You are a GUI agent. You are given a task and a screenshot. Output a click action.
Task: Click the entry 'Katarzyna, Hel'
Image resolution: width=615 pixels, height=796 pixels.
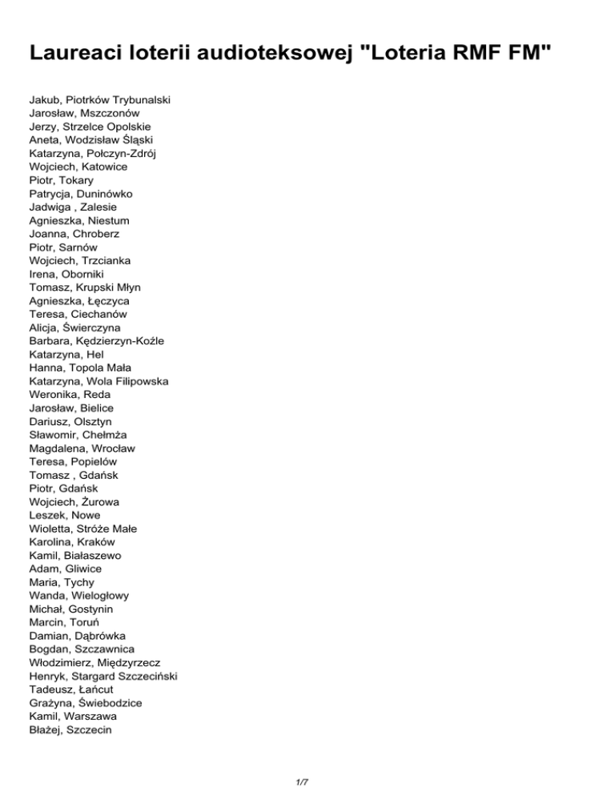pos(66,354)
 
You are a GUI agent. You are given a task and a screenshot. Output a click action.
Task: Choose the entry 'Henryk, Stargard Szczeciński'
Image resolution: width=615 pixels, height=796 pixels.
pos(102,676)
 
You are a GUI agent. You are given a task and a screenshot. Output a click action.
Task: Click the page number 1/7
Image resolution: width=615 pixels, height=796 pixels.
pos(307,773)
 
